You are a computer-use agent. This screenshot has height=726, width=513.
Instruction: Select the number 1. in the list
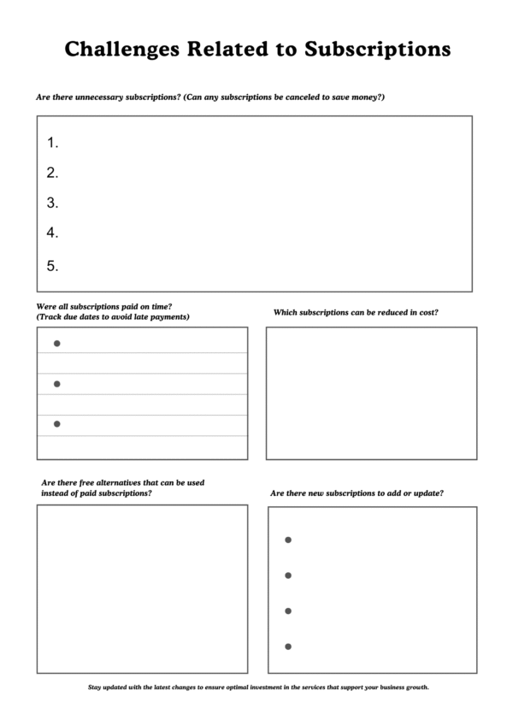52,143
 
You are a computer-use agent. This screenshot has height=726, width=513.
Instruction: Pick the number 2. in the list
52,173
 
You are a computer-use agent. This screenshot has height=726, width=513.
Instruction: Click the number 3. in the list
52,203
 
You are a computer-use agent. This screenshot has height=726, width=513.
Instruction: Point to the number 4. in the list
52,233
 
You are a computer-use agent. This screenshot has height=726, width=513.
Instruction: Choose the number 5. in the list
52,266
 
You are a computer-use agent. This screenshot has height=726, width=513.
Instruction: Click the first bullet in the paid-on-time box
57,344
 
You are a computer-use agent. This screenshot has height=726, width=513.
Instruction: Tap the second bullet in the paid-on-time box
57,384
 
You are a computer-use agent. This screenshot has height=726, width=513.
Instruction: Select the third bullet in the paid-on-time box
57,424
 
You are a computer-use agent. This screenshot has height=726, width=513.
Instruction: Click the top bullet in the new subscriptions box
288,540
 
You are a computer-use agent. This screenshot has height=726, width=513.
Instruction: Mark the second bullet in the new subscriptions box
288,575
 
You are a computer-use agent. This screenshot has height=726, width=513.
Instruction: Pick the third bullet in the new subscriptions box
288,611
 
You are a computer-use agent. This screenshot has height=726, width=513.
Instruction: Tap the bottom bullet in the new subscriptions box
288,646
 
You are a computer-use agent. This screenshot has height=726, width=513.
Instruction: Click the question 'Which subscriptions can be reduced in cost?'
356,312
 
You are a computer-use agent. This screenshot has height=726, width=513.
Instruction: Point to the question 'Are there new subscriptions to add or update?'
357,493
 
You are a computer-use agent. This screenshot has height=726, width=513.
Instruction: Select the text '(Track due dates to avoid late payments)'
113,317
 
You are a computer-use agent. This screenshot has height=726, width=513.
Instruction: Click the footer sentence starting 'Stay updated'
258,687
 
